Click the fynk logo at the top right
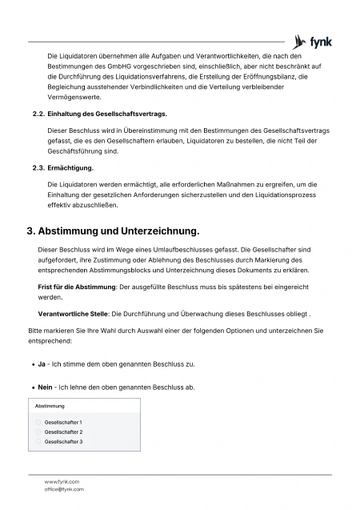click(x=312, y=41)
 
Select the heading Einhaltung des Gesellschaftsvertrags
click(x=108, y=114)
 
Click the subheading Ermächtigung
click(x=71, y=168)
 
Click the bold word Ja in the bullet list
click(x=42, y=363)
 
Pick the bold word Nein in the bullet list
click(x=45, y=388)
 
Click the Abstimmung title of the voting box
click(x=50, y=406)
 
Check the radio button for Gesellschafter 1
click(x=38, y=422)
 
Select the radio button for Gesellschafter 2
click(x=38, y=432)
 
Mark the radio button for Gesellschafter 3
click(x=38, y=441)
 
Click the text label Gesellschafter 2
click(x=63, y=432)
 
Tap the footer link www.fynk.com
click(x=62, y=481)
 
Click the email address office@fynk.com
click(x=64, y=488)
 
